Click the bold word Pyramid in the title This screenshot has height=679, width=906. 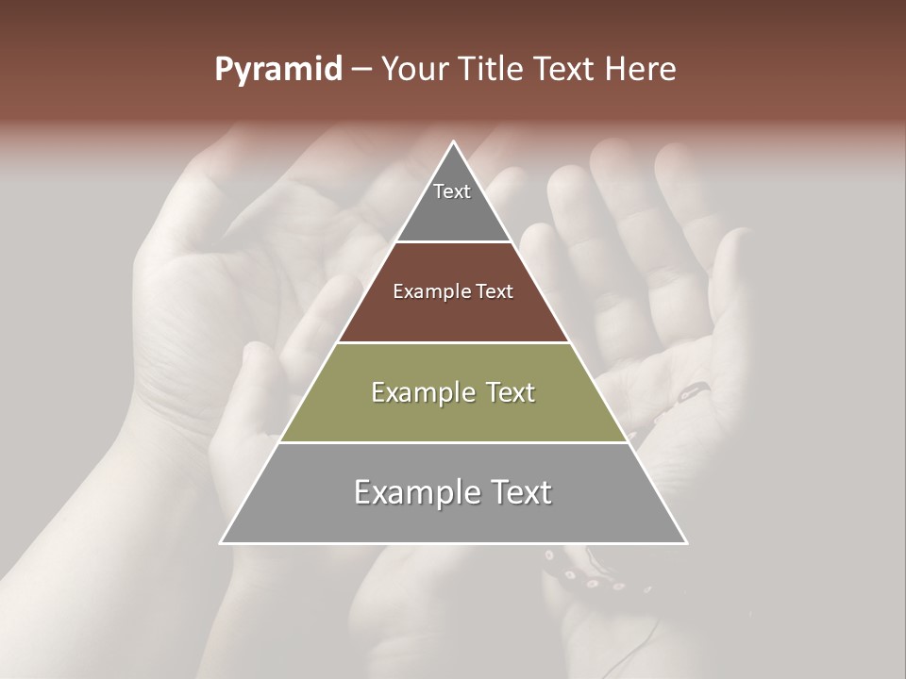277,70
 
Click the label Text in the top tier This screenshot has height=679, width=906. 452,191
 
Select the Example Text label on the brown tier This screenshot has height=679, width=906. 453,291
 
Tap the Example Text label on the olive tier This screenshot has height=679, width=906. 453,392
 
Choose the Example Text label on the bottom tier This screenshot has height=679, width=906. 453,492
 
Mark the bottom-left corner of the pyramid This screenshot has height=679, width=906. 221,542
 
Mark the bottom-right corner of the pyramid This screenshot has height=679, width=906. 686,542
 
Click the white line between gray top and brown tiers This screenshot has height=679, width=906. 453,242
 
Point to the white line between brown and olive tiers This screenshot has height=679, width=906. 453,342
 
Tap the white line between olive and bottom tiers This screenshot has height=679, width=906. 453,442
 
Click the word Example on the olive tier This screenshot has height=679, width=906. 422,392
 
